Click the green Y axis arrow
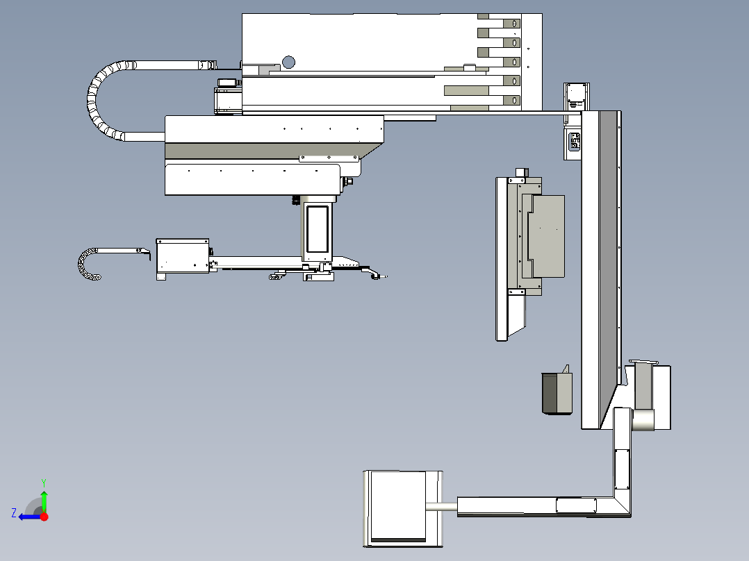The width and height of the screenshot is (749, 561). coord(44,501)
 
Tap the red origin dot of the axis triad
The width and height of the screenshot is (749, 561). coord(44,517)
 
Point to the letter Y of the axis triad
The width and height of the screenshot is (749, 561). coord(44,483)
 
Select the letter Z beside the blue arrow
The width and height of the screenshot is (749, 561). coord(14,513)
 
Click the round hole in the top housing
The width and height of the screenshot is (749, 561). coord(288,62)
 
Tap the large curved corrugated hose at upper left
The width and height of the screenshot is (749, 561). coord(103,99)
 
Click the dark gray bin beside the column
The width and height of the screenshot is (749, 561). coord(557,392)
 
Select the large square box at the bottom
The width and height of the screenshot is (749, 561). coord(403,508)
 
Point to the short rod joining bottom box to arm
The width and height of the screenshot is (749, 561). coord(442,507)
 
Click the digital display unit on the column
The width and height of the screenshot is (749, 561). coord(574,142)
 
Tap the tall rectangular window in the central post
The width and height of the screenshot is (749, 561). coord(317,228)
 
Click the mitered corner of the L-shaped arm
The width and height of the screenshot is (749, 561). coord(622,506)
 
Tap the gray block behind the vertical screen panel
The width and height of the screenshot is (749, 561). coord(548,236)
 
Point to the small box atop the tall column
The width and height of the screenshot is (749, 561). coord(577,97)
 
